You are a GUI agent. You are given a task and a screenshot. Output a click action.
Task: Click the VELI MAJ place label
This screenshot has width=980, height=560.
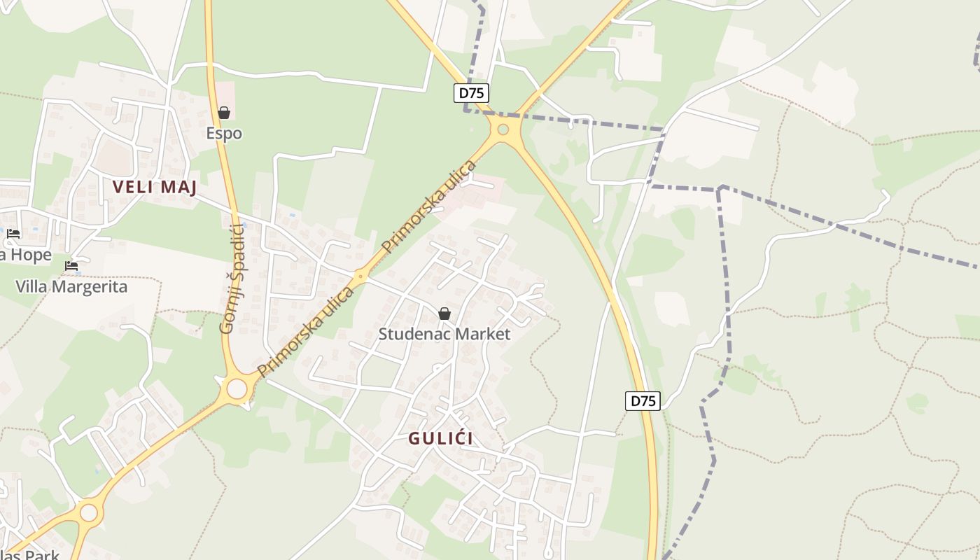(x=155, y=187)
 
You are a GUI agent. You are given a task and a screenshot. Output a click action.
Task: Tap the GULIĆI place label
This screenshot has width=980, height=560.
(x=440, y=438)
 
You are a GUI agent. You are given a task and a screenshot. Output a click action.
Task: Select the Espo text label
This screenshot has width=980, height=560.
(x=224, y=133)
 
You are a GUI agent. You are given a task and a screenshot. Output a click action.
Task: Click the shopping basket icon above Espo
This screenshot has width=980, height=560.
(x=224, y=113)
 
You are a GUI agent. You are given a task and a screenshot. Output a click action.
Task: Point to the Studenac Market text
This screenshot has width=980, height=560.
(x=444, y=334)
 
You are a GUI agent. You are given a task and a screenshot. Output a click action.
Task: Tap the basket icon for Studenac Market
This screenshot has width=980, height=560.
(x=444, y=314)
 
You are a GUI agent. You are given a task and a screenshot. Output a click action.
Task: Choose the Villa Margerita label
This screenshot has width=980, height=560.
(x=71, y=286)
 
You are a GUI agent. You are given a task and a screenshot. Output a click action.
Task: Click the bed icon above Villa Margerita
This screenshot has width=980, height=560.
(x=71, y=266)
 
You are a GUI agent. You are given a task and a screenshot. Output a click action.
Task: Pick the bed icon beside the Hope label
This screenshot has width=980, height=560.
(x=13, y=234)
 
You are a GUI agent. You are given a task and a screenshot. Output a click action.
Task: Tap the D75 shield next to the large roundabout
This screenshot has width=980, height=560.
(x=471, y=93)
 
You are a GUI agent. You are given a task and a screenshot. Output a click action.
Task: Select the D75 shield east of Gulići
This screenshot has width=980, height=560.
(x=643, y=401)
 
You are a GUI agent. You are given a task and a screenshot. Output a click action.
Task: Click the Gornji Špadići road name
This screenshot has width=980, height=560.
(x=232, y=278)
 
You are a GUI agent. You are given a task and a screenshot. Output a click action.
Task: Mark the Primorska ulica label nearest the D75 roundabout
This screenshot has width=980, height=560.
(x=429, y=207)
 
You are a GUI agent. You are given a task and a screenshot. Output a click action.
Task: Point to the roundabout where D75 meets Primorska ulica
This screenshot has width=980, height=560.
(x=503, y=129)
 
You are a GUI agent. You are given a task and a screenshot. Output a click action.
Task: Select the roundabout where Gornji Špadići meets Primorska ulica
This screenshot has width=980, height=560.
(x=237, y=388)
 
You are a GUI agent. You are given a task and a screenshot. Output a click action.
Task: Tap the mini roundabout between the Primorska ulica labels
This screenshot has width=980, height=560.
(x=361, y=276)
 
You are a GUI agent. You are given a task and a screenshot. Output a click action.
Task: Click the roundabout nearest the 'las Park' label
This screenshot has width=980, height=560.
(x=89, y=512)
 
